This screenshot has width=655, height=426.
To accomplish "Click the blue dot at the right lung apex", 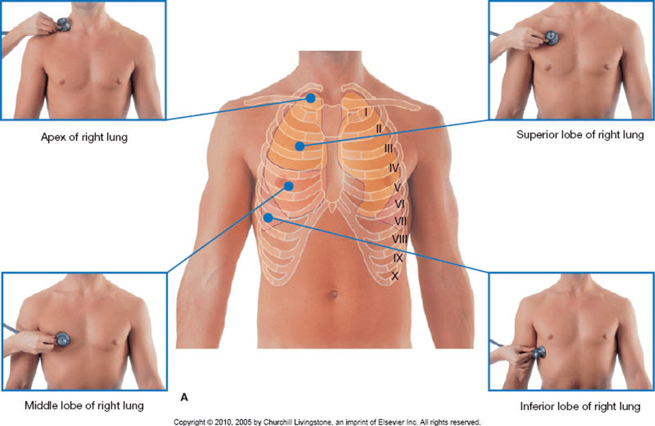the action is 311,98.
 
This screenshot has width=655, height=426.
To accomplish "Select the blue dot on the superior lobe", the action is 300,146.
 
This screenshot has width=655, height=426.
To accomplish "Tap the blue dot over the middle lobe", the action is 289,186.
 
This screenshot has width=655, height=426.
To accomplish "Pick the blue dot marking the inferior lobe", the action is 268,218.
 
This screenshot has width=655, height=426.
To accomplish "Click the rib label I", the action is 365,112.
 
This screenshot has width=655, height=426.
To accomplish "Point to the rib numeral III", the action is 389,149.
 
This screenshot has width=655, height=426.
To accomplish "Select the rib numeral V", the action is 397,188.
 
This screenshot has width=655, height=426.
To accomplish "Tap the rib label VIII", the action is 400,239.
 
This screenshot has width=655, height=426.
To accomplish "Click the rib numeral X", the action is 395,276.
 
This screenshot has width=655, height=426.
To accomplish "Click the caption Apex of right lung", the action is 84,137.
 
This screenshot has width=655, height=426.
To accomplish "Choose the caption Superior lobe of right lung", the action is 580,135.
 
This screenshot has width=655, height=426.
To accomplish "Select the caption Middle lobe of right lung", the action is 84,405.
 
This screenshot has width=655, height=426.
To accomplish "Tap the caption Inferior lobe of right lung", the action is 580,406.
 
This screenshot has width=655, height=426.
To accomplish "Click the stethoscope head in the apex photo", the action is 64,24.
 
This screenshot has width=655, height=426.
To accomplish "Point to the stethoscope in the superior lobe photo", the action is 551,38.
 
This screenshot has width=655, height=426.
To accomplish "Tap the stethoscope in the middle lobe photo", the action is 63,339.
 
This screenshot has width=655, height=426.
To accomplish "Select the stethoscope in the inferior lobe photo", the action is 539,353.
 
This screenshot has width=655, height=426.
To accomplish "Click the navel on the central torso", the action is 333,294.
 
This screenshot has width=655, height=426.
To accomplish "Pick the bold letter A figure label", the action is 184,397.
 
